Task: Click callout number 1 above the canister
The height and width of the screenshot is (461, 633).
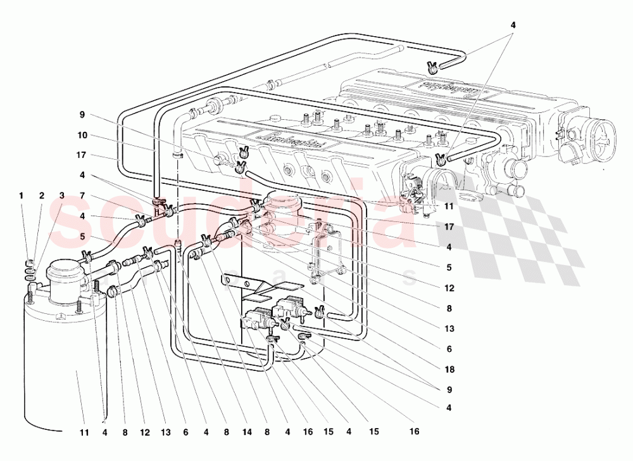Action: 21,195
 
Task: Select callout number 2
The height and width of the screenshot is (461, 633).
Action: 42,195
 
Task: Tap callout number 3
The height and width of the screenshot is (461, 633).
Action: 62,195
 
